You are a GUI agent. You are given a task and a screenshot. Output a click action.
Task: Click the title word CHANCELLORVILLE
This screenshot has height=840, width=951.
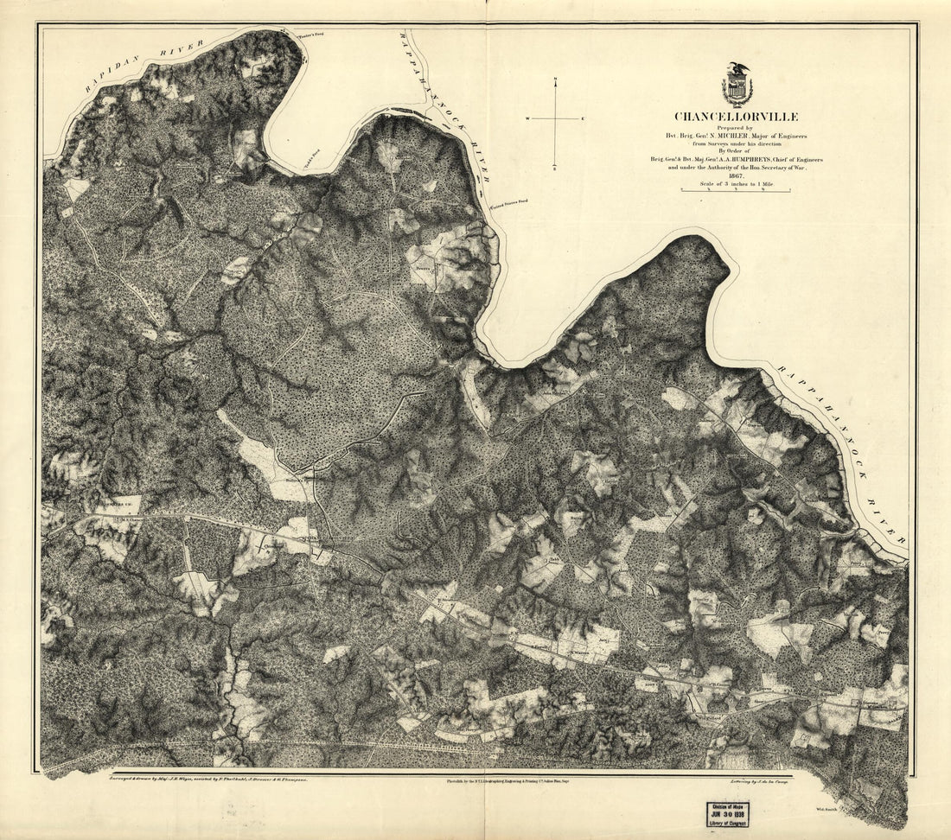(x=737, y=117)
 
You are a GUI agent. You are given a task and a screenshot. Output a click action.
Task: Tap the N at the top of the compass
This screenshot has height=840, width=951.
(x=556, y=81)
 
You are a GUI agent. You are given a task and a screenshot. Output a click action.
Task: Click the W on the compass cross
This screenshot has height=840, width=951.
(x=526, y=118)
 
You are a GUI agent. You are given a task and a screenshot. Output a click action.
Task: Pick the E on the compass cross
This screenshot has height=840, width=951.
(x=584, y=118)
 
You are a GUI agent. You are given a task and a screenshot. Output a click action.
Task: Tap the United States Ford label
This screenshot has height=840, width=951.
(x=509, y=204)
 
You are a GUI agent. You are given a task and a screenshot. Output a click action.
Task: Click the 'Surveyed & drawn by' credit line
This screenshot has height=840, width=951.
(x=207, y=779)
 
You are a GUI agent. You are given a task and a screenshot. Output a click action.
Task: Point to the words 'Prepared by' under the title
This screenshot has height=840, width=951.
(x=737, y=128)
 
